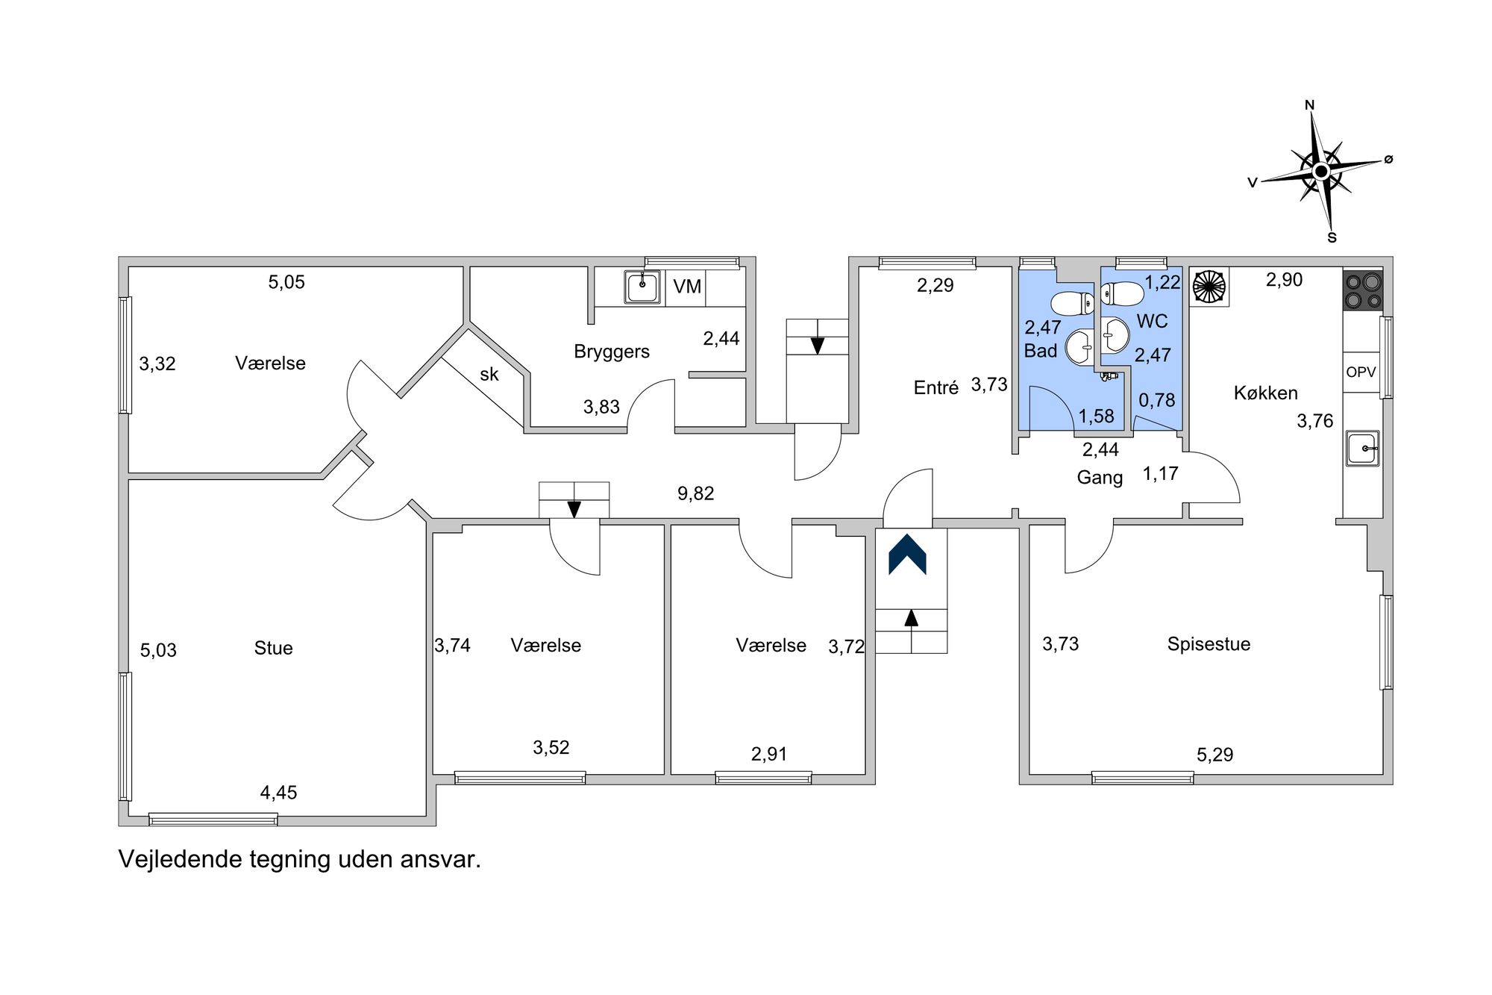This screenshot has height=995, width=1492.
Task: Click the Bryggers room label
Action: (x=612, y=352)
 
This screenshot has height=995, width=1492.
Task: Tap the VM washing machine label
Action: (x=687, y=287)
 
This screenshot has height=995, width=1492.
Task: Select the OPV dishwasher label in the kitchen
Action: (x=1361, y=372)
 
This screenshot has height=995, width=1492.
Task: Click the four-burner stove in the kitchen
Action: (x=1363, y=290)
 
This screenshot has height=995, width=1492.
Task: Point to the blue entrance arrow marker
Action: (x=907, y=555)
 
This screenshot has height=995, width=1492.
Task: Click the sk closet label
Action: (x=489, y=374)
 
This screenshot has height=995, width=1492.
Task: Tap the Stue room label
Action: (x=273, y=648)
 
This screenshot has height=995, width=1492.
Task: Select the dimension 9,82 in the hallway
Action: (x=696, y=493)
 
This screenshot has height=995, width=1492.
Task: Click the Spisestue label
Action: (x=1209, y=644)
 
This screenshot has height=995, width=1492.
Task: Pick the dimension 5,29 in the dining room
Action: (x=1215, y=755)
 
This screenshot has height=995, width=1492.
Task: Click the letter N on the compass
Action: (x=1309, y=105)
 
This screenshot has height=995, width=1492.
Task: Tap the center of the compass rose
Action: (x=1321, y=172)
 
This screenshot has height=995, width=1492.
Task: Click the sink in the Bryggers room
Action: (x=642, y=287)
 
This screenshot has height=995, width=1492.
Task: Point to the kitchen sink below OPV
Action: (x=1363, y=449)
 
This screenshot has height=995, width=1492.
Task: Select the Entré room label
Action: (x=936, y=387)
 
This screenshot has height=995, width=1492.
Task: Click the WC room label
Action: (x=1152, y=322)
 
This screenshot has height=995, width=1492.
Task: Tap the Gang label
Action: (x=1100, y=478)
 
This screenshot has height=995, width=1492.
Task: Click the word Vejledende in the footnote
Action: (x=180, y=860)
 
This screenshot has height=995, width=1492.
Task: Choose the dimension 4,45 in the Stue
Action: (x=278, y=793)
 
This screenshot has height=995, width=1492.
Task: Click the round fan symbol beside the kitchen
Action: (x=1209, y=287)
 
